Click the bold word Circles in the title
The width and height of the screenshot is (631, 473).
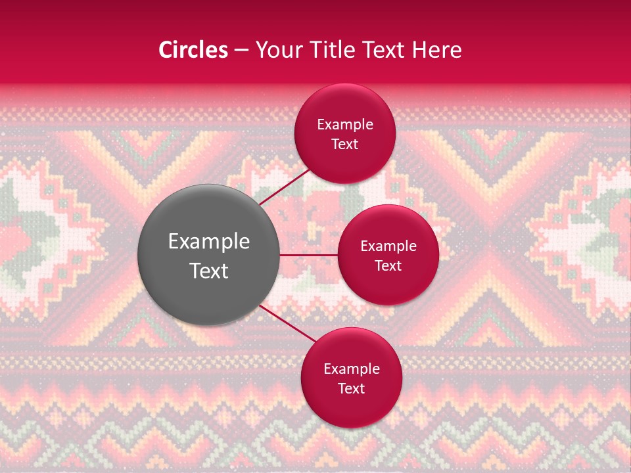coord(193,50)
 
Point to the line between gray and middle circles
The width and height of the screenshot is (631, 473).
coord(309,255)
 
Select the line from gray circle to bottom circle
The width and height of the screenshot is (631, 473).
coord(288,324)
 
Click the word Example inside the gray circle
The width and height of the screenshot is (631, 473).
coord(209,242)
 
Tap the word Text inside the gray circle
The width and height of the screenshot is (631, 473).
coord(209,271)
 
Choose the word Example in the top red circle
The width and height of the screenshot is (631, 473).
coord(345,125)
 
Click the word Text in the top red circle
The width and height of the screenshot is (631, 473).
coord(345,144)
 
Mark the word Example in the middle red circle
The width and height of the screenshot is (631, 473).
coord(388,246)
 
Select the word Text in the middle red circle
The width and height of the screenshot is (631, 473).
coord(388,265)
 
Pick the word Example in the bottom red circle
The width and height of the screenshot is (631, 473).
coord(351,369)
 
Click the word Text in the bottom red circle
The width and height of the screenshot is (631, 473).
coord(351,388)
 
